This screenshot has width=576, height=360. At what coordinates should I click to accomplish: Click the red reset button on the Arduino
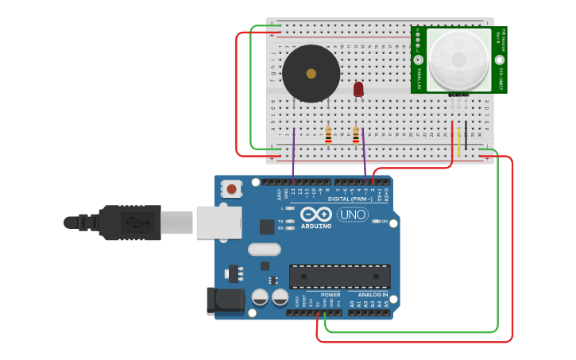coord(231,189)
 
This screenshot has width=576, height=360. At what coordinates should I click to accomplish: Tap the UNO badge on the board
coord(352,215)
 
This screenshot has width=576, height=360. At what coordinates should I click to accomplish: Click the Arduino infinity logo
coord(315,215)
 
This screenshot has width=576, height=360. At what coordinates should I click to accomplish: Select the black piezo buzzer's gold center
coord(311,74)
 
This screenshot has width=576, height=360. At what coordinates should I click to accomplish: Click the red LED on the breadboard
coord(358,88)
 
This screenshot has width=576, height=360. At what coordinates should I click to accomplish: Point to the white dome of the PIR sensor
coord(458,60)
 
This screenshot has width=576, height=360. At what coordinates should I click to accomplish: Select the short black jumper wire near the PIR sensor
coord(466,131)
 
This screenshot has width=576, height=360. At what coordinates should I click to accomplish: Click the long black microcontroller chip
coord(339,276)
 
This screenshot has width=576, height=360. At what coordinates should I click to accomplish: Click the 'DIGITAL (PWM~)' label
coord(350,199)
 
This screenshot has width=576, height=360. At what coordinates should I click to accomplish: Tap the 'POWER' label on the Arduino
coord(331,295)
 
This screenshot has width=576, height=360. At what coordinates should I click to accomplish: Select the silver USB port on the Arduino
coord(218,222)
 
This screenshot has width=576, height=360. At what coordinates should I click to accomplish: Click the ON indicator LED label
coord(385,222)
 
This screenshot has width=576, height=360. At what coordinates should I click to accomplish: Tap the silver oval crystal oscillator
coord(264,250)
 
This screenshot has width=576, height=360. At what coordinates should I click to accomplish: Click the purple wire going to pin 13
coord(293,155)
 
